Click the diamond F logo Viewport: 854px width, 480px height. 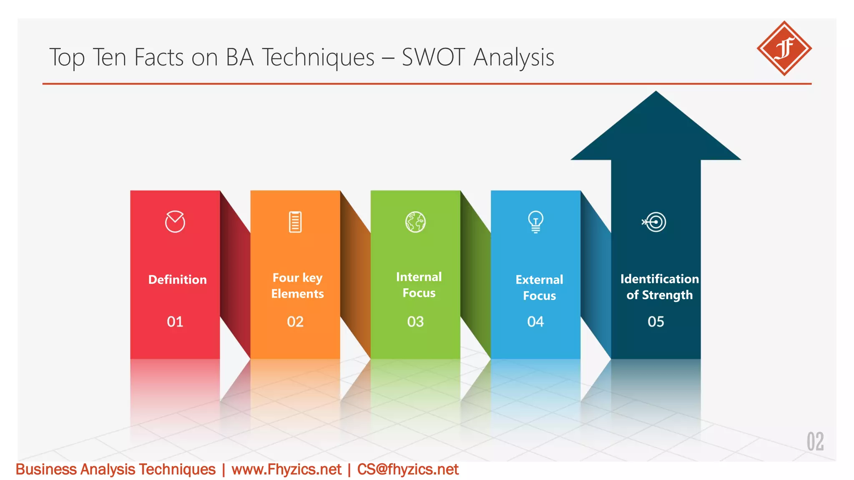(784, 48)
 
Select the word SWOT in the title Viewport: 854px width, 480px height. (433, 57)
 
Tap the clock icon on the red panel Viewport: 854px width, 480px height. (175, 222)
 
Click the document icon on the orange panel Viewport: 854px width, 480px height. (295, 222)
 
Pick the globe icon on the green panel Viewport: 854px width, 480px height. (415, 222)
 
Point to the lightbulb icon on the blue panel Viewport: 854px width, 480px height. (536, 222)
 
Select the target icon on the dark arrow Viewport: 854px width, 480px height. (654, 222)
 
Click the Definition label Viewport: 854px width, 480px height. (177, 280)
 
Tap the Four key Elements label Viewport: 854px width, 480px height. (297, 286)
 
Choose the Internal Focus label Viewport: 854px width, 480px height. (419, 285)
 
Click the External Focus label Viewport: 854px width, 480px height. (539, 287)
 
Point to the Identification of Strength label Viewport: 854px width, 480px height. (659, 287)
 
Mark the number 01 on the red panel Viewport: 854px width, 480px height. (175, 322)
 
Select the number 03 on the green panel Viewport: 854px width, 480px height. (415, 322)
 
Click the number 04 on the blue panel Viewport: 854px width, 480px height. (535, 322)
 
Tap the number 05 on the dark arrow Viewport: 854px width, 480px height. (656, 322)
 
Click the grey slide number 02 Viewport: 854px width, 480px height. (815, 442)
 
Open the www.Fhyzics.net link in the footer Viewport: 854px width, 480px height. (286, 470)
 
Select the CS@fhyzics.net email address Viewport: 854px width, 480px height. (408, 470)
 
